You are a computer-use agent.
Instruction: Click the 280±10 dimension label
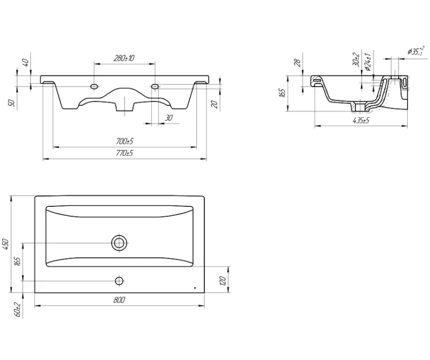[x=124, y=58]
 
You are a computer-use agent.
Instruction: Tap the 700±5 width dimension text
[x=125, y=141]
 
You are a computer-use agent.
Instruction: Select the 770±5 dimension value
[x=125, y=153]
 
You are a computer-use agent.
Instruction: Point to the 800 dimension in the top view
[x=119, y=300]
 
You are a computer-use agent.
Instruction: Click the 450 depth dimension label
[x=6, y=244]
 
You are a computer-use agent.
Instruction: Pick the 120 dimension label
[x=222, y=281]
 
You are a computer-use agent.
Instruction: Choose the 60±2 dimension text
[x=18, y=309]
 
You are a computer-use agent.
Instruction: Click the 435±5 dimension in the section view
[x=361, y=120]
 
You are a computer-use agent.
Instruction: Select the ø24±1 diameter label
[x=368, y=62]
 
